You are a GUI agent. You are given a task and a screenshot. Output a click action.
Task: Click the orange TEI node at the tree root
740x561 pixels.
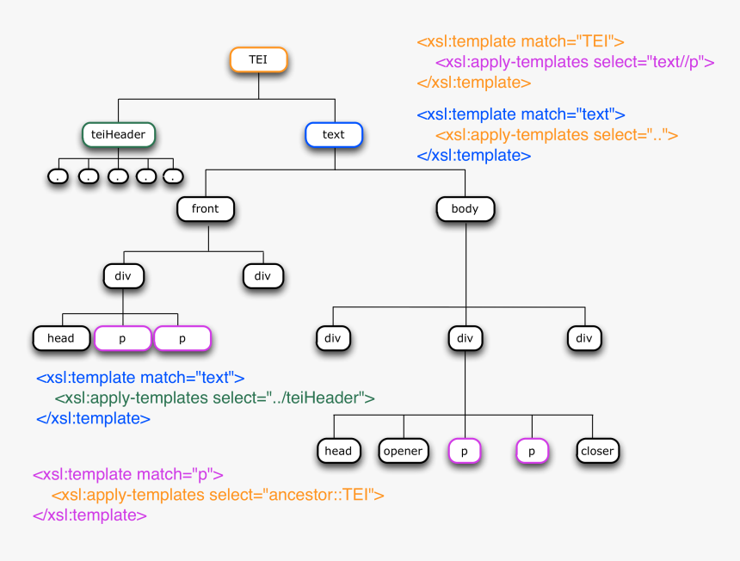(258, 59)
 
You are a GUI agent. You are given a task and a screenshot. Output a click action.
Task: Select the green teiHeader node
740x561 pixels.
(119, 134)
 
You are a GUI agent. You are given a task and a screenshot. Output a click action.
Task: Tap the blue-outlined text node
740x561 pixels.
(333, 134)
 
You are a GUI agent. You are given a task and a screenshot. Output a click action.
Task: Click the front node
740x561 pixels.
(205, 208)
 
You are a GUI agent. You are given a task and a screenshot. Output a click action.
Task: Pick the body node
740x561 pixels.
(465, 208)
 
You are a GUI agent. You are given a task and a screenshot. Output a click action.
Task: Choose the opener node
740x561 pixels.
(403, 451)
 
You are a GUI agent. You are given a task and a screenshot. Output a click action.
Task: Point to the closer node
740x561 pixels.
(597, 451)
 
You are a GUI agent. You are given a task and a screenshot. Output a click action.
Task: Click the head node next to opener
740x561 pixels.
(338, 451)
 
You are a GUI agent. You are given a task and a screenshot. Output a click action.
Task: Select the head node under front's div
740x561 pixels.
(61, 338)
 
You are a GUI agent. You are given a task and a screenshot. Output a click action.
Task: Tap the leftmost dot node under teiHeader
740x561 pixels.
(58, 176)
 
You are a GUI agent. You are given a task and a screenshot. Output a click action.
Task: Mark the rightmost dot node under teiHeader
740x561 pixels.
(173, 176)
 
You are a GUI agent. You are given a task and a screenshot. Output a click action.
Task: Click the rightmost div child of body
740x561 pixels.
(584, 338)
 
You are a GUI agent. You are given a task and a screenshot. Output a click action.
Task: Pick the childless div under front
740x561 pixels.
(262, 276)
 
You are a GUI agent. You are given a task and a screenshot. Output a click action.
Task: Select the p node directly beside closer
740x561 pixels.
(532, 451)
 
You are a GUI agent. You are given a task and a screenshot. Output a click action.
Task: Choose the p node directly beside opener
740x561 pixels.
(465, 451)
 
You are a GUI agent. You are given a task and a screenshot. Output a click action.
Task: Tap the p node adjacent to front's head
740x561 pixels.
(122, 338)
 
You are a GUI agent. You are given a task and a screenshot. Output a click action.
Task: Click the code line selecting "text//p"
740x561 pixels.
(575, 62)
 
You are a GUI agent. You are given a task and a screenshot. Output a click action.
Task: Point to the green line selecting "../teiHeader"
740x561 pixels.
(214, 398)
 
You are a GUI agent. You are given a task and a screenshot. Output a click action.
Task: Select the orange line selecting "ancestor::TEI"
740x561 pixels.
(217, 495)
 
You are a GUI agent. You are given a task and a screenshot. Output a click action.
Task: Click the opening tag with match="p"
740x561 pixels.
(128, 474)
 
